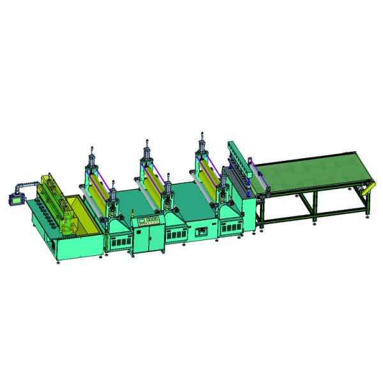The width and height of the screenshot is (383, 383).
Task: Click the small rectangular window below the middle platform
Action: click(x=203, y=231)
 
